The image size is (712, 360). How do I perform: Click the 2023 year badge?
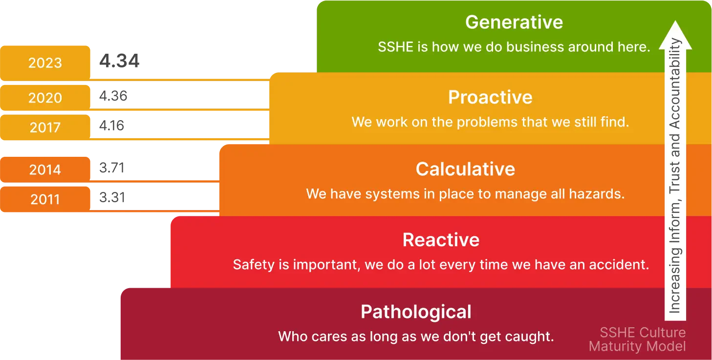pos(45,63)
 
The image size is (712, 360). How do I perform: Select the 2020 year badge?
pos(45,98)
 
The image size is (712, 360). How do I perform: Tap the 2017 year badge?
pos(45,127)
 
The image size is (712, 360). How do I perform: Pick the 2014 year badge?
pos(45,169)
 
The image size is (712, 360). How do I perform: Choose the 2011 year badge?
pos(45,199)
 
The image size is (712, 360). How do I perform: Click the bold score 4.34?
pos(119,61)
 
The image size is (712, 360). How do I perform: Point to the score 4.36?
pos(113,96)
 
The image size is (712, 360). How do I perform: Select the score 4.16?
pos(111,126)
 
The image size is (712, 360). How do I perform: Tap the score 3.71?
pos(111,168)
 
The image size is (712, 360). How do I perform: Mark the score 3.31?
pos(112,197)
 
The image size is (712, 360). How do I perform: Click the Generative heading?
pos(514,22)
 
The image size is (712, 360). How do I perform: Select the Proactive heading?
pos(490,97)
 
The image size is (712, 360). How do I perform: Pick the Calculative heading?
pos(465,169)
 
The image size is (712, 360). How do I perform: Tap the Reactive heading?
pos(441,240)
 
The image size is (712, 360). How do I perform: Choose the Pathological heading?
pos(416,312)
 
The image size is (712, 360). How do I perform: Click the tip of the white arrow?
pos(675,21)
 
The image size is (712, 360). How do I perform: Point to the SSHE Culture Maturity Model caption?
pos(637,339)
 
